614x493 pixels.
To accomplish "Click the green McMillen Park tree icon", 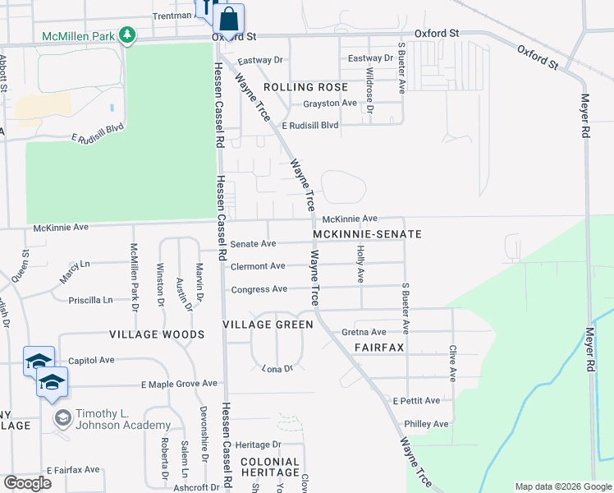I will pyautogui.click(x=126, y=35).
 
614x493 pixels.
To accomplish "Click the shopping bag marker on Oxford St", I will pyautogui.click(x=230, y=18).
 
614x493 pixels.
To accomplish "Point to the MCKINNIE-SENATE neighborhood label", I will pyautogui.click(x=368, y=234).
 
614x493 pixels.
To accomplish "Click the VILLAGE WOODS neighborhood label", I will pyautogui.click(x=157, y=335).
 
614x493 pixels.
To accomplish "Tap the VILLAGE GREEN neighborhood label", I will pyautogui.click(x=268, y=325).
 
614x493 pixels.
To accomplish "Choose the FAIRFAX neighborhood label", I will pyautogui.click(x=379, y=348).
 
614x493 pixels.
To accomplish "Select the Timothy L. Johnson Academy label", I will pyautogui.click(x=123, y=419).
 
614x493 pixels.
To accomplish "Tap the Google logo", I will pyautogui.click(x=27, y=483).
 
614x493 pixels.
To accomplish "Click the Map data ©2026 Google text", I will pyautogui.click(x=562, y=486).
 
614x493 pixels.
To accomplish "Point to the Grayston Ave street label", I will pyautogui.click(x=330, y=103).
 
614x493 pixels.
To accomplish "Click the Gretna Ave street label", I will pyautogui.click(x=364, y=332).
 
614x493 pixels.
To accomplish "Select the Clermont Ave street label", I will pyautogui.click(x=258, y=266).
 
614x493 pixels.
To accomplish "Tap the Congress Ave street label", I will pyautogui.click(x=259, y=289).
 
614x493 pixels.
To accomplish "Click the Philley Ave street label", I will pyautogui.click(x=427, y=424).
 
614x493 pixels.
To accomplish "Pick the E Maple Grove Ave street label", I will pyautogui.click(x=179, y=384).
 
